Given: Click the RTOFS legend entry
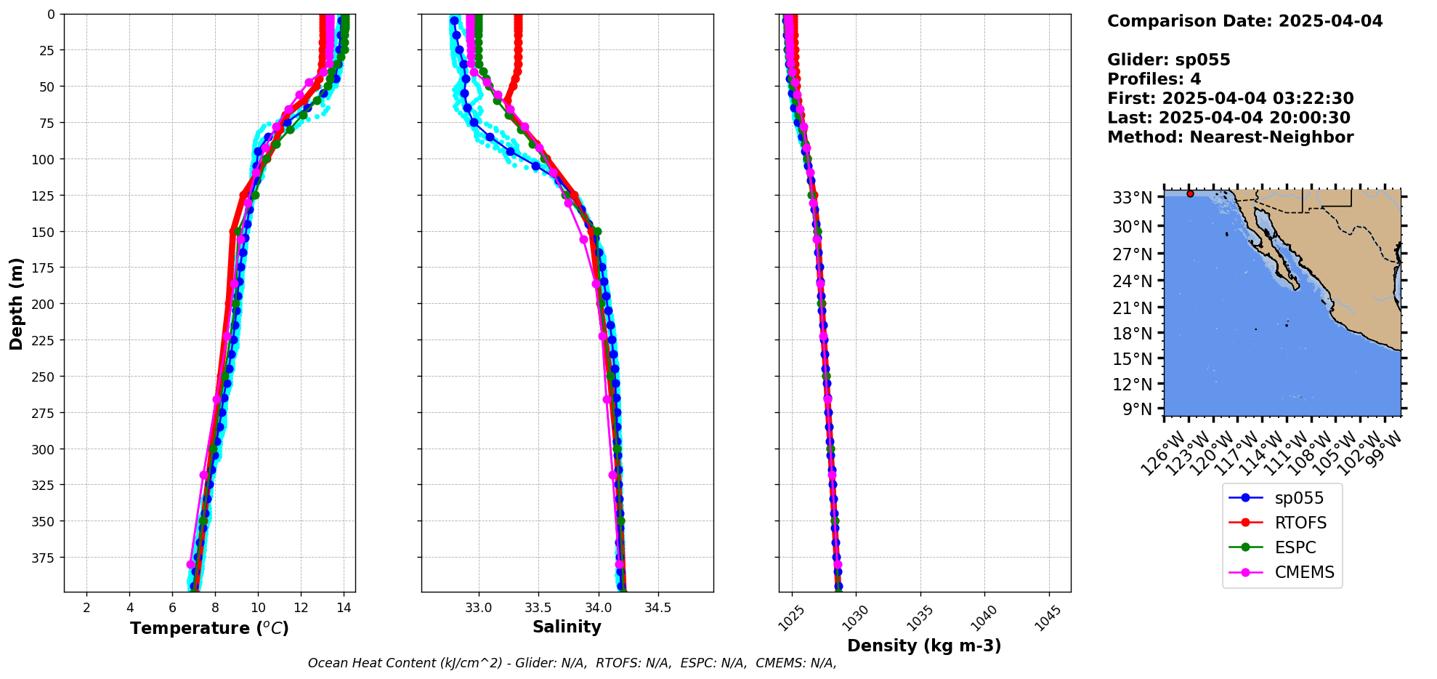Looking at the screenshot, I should [1300, 523].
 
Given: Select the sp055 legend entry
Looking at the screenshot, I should [1298, 498].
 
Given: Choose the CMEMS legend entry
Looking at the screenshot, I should [1304, 572].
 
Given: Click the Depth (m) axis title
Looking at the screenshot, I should [16, 303].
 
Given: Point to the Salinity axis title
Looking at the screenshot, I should [567, 627].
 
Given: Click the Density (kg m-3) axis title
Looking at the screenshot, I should [924, 646].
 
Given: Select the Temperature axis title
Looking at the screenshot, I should [209, 628].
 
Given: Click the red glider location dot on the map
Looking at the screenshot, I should [1190, 193].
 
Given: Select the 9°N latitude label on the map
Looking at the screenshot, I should [1138, 409].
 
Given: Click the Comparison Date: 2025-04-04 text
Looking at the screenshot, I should [1244, 21].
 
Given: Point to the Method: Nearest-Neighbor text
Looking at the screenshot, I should [1230, 137].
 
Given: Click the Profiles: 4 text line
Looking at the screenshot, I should [1154, 79].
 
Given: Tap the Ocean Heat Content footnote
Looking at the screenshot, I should [572, 663].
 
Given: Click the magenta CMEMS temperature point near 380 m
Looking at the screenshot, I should [191, 564].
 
